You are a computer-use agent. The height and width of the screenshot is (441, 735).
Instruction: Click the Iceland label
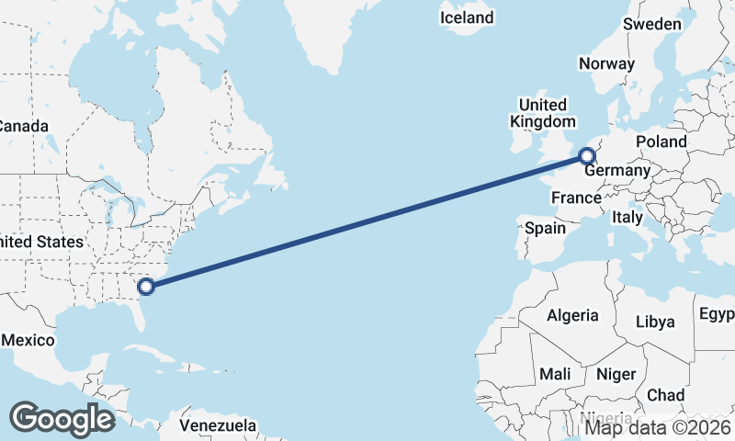pos(467,17)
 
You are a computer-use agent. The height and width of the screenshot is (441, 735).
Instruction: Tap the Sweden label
pos(652,24)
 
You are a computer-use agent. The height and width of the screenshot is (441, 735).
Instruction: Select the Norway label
pos(606,63)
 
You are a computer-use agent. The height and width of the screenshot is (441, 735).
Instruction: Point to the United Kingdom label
pos(543,113)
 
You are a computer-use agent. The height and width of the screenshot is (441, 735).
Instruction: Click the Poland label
pos(661,141)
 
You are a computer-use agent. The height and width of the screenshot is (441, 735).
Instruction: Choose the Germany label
pos(617,171)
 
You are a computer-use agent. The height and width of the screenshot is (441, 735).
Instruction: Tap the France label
pos(575,198)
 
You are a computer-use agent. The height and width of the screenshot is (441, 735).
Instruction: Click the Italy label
pos(628,218)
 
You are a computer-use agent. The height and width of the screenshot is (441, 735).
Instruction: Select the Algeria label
pos(572,316)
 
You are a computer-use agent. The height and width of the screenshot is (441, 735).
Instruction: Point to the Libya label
pos(656,322)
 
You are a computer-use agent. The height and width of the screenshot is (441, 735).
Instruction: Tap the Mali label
pos(556,374)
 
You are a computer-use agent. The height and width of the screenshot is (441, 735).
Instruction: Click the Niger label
pos(616,374)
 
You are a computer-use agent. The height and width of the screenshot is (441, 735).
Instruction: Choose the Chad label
pos(666,395)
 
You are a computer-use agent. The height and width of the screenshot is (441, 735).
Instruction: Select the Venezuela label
pos(218,426)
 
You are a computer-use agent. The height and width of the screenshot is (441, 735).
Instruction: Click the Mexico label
pos(28,340)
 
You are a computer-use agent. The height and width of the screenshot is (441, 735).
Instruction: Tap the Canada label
pos(20,125)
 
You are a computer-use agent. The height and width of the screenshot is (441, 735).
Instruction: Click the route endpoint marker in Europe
pos(586,156)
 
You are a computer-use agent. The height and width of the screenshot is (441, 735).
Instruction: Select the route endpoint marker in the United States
pos(146,286)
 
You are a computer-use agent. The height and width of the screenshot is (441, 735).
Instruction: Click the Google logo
pos(62,419)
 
